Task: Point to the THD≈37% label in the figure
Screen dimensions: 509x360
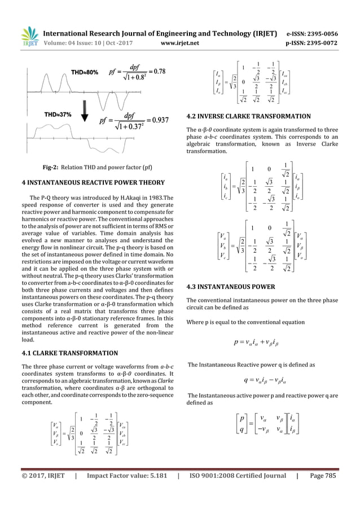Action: (55, 115)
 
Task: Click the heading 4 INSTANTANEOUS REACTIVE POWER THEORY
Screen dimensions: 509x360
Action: (93, 183)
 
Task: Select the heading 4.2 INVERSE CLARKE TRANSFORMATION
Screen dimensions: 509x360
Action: (248, 117)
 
